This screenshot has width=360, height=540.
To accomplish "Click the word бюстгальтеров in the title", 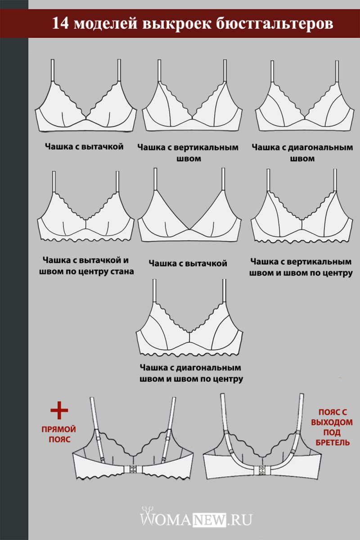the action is pyautogui.click(x=274, y=23).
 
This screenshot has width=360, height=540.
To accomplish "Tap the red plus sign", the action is pyautogui.click(x=59, y=410).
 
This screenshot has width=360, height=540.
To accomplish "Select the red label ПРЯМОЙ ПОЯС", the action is pyautogui.click(x=59, y=434).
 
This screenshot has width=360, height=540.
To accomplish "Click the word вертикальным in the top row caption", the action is pyautogui.click(x=206, y=147).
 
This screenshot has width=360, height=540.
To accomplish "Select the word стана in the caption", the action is pyautogui.click(x=122, y=271).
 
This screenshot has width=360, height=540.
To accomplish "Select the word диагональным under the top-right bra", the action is pyautogui.click(x=320, y=147).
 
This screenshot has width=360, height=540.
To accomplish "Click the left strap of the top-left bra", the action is pyautogui.click(x=53, y=71).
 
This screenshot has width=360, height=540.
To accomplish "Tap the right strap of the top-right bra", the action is pyautogui.click(x=337, y=72).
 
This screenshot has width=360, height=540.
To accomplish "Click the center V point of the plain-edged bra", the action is pyautogui.click(x=189, y=229).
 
